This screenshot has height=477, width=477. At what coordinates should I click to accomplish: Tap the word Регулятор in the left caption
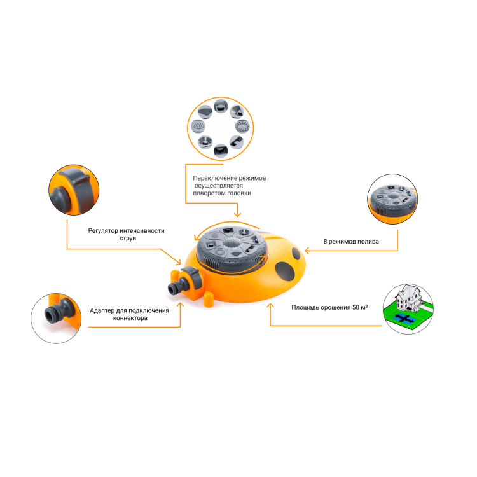[x=103, y=231]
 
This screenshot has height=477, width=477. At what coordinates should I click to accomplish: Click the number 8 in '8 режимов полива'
[x=325, y=242]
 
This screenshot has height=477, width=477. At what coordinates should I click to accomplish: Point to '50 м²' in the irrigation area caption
[x=360, y=307]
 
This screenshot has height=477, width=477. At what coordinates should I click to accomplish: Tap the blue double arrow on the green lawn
[x=403, y=319]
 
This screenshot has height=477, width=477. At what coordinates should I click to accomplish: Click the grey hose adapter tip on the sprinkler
[x=175, y=287]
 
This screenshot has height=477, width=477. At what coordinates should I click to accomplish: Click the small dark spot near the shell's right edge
[x=296, y=253]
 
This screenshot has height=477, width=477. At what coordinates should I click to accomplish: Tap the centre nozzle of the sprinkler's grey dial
[x=232, y=243]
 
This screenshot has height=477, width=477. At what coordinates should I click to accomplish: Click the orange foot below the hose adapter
[x=209, y=299]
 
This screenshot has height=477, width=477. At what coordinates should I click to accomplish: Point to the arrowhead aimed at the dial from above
[x=237, y=214]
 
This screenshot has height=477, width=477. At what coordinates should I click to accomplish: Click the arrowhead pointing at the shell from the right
[x=308, y=251]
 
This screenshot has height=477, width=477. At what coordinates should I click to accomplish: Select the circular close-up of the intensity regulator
[x=74, y=190]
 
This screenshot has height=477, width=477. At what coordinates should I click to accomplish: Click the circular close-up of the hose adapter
[x=56, y=319]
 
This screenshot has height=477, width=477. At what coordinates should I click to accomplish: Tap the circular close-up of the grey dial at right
[x=392, y=199]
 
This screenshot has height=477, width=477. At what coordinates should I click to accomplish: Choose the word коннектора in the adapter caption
[x=130, y=318]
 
